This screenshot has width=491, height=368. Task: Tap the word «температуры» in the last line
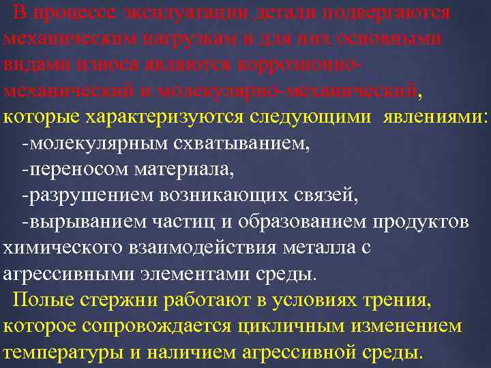pyautogui.click(x=61, y=353)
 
